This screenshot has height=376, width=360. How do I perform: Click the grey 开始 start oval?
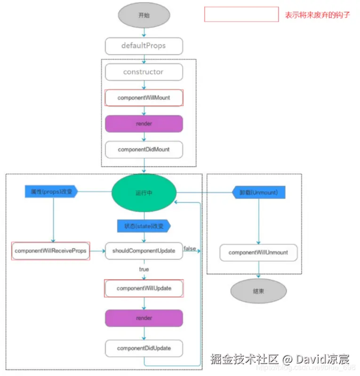pos(144,15)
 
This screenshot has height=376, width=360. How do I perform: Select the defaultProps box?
pos(144,46)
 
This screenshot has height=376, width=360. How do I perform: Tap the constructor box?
pos(144,72)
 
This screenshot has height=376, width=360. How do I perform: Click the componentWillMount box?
pos(144,98)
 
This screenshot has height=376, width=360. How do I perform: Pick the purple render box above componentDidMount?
pos(144,124)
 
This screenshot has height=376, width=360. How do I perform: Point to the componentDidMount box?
pos(144,149)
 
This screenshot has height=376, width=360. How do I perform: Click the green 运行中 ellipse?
pos(144,192)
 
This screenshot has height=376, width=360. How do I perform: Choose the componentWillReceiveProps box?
pos(51,251)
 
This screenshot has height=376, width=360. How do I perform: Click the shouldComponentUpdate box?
pos(144,251)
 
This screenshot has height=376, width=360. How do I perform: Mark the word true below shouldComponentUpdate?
pos(144,269)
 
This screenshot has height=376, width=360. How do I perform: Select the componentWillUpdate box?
pos(144,288)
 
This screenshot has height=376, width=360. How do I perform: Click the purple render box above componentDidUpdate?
pos(144,318)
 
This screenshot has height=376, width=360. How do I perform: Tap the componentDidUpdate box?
pos(144,348)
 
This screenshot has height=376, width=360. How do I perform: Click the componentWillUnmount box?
pos(258,253)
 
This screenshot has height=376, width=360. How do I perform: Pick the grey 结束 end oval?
pos(258,291)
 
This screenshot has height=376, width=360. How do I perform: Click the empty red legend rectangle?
pos(241,14)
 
